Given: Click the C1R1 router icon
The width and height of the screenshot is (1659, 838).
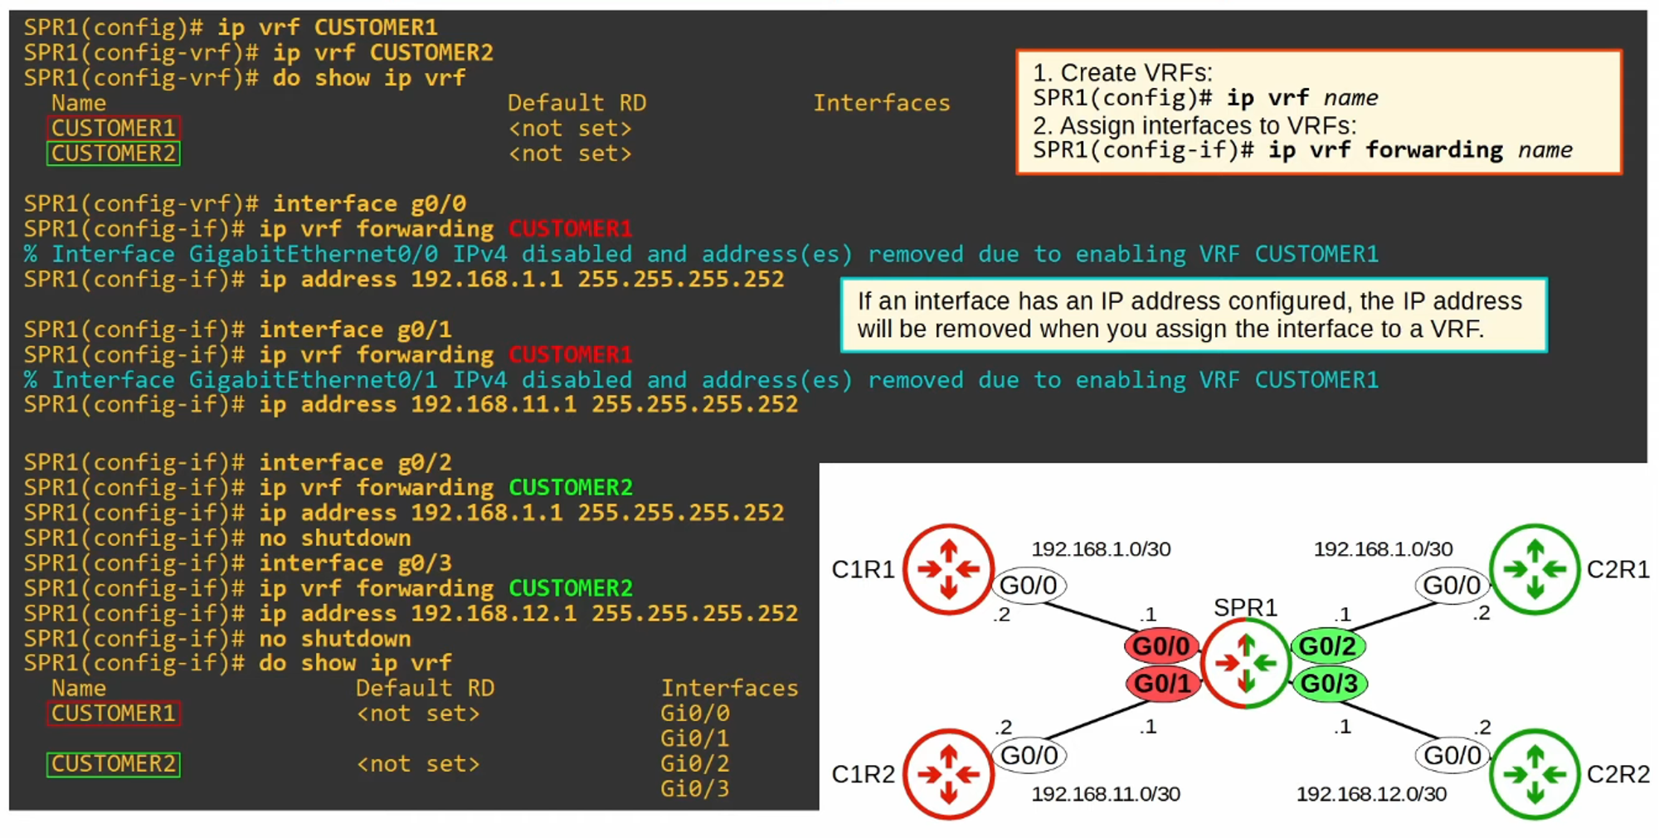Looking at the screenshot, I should [x=948, y=569].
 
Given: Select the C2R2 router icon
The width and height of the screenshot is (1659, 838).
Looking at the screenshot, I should [x=1535, y=773].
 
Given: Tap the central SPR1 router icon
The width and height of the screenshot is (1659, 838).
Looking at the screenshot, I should [x=1245, y=663].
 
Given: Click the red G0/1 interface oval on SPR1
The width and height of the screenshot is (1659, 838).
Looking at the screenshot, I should [x=1162, y=684].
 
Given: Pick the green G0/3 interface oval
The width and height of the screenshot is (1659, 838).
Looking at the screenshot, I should [x=1329, y=684].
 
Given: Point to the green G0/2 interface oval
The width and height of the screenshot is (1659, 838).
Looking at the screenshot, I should [x=1327, y=646].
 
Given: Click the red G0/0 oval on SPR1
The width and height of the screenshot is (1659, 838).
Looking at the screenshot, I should [x=1160, y=646].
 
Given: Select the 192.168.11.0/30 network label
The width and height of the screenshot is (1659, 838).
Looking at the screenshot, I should [x=1106, y=794].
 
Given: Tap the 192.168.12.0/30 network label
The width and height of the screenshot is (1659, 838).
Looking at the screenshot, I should [x=1371, y=794].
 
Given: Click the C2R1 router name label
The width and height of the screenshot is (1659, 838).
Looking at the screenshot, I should [x=1618, y=569].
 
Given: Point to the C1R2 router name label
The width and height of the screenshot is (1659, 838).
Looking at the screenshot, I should [x=863, y=774].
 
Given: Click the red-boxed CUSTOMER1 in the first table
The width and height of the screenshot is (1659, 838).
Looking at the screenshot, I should [x=114, y=129].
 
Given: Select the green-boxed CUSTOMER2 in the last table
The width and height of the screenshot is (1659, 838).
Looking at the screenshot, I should [x=114, y=764].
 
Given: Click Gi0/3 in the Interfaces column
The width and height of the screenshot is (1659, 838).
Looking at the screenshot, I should [x=694, y=788].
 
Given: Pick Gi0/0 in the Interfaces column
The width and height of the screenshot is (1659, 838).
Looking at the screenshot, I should [x=694, y=714].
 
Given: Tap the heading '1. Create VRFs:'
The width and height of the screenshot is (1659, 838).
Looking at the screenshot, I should [x=1121, y=73].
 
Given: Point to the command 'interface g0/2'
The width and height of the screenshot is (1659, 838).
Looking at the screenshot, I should [x=355, y=462].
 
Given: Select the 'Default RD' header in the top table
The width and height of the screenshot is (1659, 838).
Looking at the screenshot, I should [x=577, y=103].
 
